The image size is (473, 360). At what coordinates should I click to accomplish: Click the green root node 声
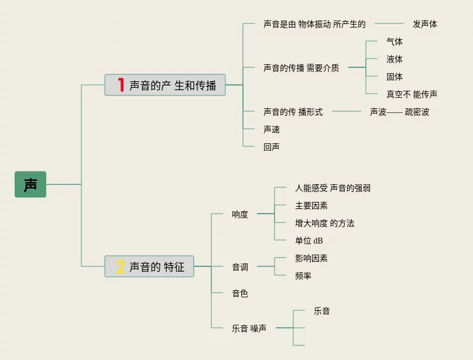coord(30,184)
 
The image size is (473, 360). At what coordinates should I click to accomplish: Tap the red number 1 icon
coord(121,85)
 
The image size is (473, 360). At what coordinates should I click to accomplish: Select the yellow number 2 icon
coord(121,267)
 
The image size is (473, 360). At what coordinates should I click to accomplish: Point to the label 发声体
coord(424,24)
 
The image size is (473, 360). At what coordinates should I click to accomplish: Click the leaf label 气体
coord(394,42)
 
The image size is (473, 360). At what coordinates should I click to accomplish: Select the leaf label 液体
coord(394,59)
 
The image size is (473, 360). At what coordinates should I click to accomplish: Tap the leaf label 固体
coord(394,77)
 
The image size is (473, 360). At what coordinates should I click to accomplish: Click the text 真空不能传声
coord(412,94)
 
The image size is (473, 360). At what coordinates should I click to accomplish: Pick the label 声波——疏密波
coord(399,112)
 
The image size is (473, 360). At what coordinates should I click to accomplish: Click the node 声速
coord(272,129)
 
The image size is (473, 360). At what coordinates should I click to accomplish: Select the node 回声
coord(272,147)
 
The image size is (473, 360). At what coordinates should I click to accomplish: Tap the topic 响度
coord(240,214)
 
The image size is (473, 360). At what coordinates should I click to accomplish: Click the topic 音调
coord(240,267)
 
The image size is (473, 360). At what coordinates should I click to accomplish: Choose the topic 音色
coord(240,293)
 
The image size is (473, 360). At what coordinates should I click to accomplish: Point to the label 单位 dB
coord(309,241)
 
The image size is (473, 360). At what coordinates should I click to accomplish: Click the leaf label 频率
coord(303,276)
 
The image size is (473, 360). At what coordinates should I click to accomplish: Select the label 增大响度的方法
coord(324,223)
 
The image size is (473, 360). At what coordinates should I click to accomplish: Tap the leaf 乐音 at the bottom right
coord(321,311)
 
